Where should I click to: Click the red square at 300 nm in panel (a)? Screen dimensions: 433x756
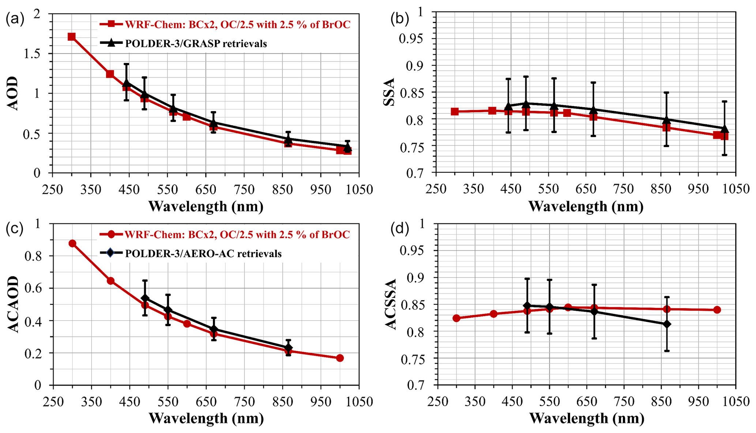coord(72,37)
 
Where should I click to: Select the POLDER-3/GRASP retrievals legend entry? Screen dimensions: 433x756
coord(196,44)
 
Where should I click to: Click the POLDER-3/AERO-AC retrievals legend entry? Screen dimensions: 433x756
coord(203,253)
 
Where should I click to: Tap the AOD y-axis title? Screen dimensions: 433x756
coord(13,93)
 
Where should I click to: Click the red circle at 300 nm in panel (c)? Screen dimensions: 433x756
coord(72,244)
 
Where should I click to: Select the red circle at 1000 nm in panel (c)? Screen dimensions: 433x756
coord(340,358)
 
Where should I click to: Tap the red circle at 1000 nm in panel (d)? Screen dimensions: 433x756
coord(717,310)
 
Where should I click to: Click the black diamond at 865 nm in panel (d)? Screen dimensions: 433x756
coord(667,324)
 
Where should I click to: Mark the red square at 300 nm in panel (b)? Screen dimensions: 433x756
coord(455,112)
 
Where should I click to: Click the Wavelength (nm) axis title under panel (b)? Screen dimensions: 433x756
coord(586,207)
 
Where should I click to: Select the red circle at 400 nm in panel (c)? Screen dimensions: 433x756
coord(110,281)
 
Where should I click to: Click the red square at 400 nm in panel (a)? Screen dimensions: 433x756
coord(110,74)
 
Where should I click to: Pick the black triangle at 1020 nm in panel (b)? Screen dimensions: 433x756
coord(724,129)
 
